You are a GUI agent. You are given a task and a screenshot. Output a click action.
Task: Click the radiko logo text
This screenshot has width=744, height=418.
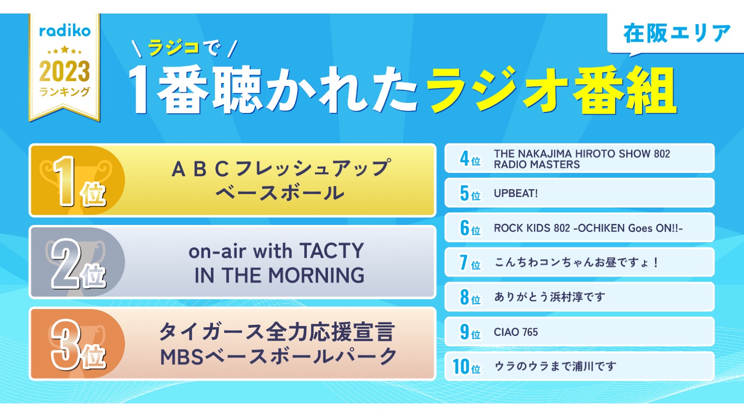click(65, 31)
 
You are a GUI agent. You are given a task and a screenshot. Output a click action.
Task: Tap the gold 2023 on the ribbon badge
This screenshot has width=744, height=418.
click(65, 71)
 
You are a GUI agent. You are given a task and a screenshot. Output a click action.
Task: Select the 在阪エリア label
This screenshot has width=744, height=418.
click(676, 34)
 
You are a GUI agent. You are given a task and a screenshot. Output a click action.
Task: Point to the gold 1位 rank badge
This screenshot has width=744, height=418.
click(77, 181)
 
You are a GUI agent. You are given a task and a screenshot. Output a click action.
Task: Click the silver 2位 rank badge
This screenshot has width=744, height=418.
click(77, 263)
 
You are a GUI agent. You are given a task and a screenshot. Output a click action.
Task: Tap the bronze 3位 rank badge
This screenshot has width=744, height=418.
click(77, 345)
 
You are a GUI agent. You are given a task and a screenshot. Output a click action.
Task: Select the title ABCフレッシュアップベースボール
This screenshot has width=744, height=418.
click(280, 181)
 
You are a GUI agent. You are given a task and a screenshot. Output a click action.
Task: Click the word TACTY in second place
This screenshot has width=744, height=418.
click(331, 251)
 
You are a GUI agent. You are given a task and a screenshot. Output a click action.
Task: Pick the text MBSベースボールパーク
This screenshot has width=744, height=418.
click(278, 357)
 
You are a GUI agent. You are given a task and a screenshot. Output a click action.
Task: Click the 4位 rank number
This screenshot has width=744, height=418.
click(470, 158)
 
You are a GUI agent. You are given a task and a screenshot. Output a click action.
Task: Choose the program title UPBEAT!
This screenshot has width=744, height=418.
click(515, 194)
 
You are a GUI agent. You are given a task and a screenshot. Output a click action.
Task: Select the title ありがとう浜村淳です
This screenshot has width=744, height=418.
click(549, 297)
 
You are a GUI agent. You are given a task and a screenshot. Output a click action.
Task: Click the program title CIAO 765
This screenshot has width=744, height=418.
click(515, 332)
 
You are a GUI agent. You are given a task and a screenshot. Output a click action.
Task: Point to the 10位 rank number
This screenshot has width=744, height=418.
click(466, 367)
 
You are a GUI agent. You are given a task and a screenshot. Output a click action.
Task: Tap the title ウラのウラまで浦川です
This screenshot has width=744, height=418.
click(555, 367)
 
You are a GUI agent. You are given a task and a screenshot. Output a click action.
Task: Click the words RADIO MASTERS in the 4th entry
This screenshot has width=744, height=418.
click(536, 165)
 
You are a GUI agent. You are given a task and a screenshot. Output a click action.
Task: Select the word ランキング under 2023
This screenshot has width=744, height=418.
click(65, 92)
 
